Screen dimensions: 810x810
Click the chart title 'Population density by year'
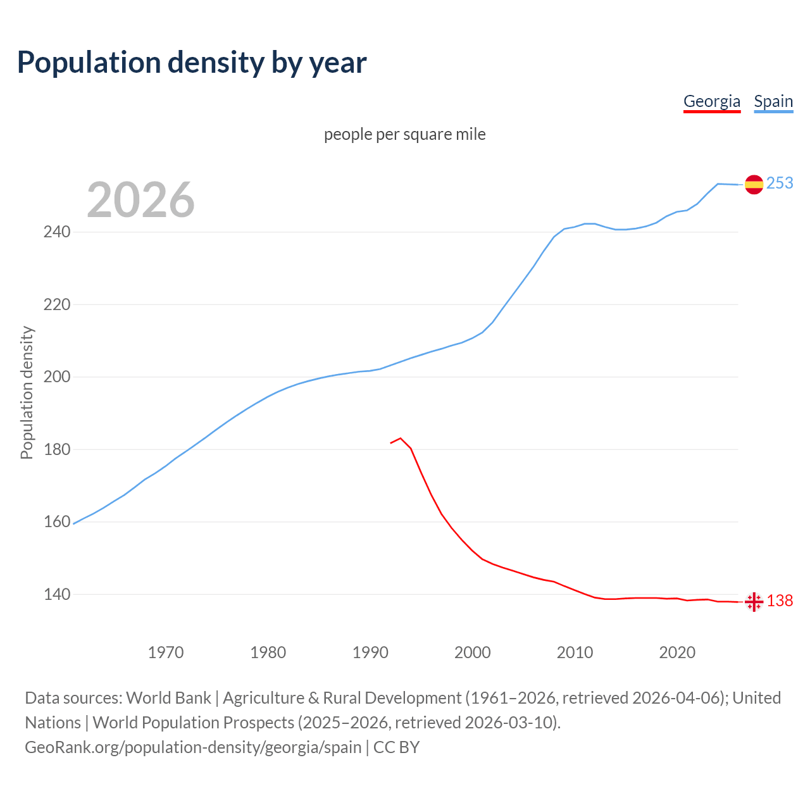[192, 63]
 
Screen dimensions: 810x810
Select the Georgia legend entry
[711, 101]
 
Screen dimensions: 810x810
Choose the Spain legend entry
[773, 101]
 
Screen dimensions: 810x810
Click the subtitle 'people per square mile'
[404, 134]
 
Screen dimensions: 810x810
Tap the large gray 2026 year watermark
[140, 200]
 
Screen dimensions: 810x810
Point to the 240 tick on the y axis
[56, 232]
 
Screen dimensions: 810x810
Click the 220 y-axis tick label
[56, 305]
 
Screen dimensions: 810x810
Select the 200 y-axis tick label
[56, 377]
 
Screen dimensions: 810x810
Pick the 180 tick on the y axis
[56, 450]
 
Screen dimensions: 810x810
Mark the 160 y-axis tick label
[56, 522]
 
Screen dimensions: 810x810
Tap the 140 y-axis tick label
[56, 595]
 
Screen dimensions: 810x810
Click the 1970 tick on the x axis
[166, 652]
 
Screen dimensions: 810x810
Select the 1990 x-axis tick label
[370, 652]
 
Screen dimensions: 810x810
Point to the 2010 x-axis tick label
[575, 652]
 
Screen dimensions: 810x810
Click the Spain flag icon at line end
[754, 184]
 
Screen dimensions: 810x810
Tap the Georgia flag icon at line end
[754, 602]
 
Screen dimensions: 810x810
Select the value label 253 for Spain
[780, 183]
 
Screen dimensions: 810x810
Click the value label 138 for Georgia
[780, 601]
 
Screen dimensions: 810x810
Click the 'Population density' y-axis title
[27, 392]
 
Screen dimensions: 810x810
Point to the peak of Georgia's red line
[401, 438]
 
